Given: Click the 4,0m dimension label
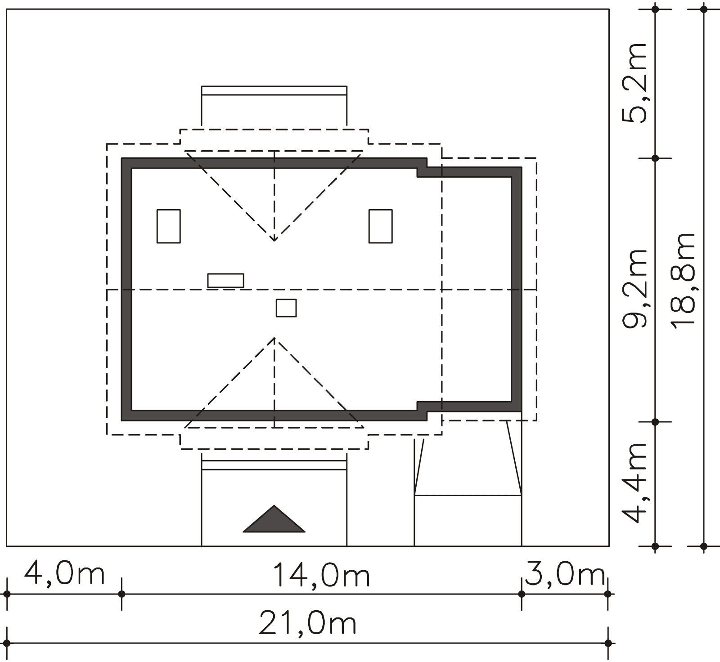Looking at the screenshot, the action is coord(64,574).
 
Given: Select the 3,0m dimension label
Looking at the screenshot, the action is coord(565,574).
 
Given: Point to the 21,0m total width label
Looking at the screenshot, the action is coord(308,623).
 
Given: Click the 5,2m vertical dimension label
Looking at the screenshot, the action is coord(634,83).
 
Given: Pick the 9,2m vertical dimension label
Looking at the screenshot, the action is coord(634,288).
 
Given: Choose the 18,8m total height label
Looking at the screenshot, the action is coord(683,281).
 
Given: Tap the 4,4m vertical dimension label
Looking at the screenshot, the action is coord(634,483).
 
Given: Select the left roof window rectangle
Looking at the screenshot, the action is coord(169,226).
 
